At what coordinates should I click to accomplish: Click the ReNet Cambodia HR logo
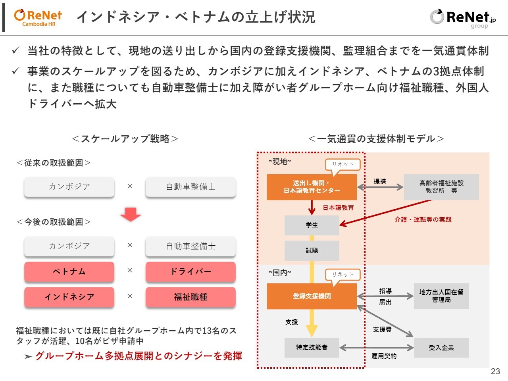click(x=38, y=18)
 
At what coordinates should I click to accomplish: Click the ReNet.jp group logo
click(x=463, y=18)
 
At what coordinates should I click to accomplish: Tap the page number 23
click(x=495, y=371)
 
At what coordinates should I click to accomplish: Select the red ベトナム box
click(x=69, y=271)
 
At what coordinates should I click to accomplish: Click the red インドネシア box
click(x=69, y=297)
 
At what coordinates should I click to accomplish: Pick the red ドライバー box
click(x=190, y=271)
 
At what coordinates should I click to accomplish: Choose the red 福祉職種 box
click(x=190, y=297)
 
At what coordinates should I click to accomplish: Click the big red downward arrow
click(x=130, y=214)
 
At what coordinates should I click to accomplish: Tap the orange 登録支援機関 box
click(x=312, y=296)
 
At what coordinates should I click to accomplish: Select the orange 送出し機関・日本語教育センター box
click(x=312, y=187)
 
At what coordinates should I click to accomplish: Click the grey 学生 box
click(x=312, y=225)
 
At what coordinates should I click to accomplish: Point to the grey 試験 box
click(x=312, y=250)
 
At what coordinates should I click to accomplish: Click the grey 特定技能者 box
click(x=312, y=347)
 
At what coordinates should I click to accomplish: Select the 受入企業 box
click(x=441, y=348)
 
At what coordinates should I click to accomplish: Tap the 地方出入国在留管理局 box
click(x=441, y=296)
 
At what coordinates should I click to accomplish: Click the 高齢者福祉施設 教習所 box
click(x=441, y=187)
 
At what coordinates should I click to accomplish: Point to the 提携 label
click(x=379, y=181)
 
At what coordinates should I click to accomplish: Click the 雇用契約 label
click(x=383, y=356)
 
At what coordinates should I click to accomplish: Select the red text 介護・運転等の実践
click(x=423, y=219)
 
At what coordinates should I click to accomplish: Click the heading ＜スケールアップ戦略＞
click(x=125, y=139)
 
